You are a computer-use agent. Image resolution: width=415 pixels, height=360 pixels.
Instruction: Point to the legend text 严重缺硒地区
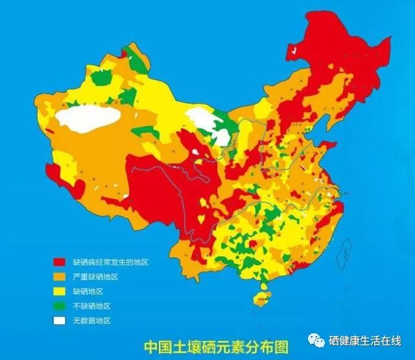[x=95, y=277]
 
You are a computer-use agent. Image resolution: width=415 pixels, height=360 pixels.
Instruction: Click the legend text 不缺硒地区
[x=91, y=306]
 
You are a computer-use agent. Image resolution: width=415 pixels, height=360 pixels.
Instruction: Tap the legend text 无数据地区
[x=91, y=320]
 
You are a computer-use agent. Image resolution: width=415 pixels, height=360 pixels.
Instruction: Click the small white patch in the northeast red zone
[x=296, y=49]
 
